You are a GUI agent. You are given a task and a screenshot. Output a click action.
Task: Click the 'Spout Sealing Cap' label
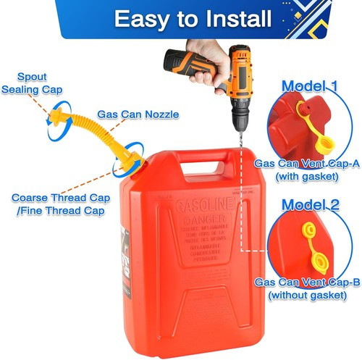(31, 83)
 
